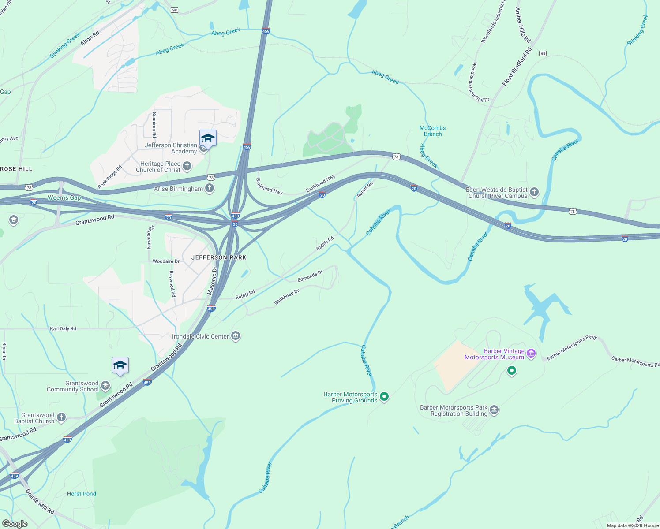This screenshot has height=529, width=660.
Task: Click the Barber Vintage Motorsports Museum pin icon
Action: click(x=531, y=354)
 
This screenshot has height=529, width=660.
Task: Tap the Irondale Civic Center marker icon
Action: click(x=236, y=336)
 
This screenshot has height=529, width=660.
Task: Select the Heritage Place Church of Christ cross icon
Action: click(x=187, y=166)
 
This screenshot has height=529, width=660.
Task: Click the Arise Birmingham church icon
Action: click(x=210, y=189)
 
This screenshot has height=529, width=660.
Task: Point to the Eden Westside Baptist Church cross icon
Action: click(x=534, y=192)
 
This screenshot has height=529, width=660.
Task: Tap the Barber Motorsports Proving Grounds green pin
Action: click(x=384, y=397)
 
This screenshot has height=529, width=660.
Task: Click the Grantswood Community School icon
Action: click(x=105, y=386)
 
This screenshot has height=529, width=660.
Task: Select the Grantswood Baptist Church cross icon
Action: click(x=61, y=417)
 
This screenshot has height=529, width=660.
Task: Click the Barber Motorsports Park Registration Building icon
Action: click(x=494, y=410)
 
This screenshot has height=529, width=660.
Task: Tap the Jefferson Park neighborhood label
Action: click(x=219, y=257)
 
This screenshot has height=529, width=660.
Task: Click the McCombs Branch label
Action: click(x=432, y=131)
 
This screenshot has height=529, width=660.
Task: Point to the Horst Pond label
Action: click(x=81, y=494)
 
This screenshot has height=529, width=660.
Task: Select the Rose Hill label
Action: click(x=16, y=169)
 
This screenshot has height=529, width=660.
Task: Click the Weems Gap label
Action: click(x=64, y=197)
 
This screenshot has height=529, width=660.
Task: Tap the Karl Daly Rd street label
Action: click(x=63, y=328)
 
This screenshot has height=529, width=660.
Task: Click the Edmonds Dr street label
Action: click(x=310, y=276)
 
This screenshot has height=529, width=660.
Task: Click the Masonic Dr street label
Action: click(x=212, y=281)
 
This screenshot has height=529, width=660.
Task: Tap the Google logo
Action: click(x=15, y=524)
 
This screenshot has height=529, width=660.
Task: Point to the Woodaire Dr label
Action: click(x=166, y=261)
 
